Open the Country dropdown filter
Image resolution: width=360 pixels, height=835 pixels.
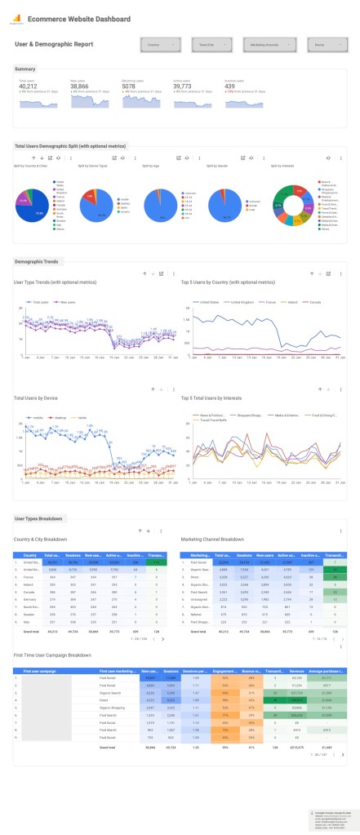tap(159, 45)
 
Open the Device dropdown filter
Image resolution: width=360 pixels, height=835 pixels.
tap(318, 45)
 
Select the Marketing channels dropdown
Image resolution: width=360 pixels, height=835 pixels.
tap(265, 45)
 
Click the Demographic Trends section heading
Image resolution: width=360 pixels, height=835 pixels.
tap(36, 261)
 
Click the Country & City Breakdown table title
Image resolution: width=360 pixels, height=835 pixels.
tap(40, 539)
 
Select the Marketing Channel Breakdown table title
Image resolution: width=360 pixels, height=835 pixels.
tap(215, 539)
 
